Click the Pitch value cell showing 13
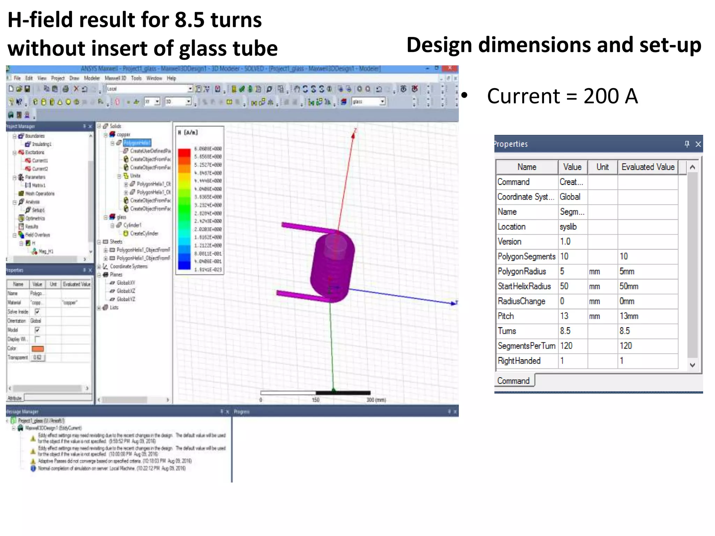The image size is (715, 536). (x=564, y=316)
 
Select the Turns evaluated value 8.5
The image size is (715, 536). (x=625, y=331)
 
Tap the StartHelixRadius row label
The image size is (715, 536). (x=524, y=286)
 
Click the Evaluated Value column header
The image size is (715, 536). (x=648, y=167)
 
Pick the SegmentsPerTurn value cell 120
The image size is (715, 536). (x=566, y=346)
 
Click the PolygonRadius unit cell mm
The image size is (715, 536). (x=595, y=271)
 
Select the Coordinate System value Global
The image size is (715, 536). (x=570, y=197)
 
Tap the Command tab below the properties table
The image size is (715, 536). (x=514, y=381)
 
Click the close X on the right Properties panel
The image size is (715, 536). (x=698, y=144)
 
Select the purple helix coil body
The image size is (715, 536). (x=332, y=265)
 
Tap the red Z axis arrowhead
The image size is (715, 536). (x=353, y=135)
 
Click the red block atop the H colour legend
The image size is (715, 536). (x=184, y=152)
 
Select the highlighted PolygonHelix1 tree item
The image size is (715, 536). (x=137, y=143)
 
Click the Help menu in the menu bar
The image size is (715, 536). (x=171, y=78)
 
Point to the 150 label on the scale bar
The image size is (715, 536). (x=316, y=400)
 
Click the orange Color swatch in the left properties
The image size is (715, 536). (x=38, y=349)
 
